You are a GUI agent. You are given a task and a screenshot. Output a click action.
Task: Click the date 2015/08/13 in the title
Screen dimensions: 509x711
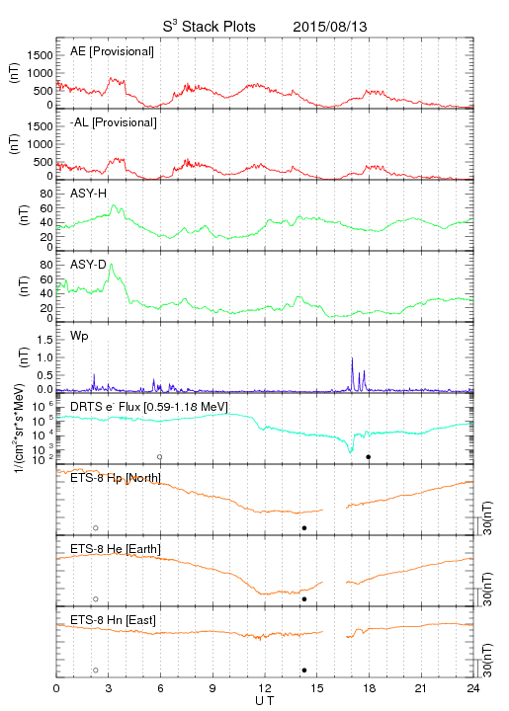click(x=330, y=27)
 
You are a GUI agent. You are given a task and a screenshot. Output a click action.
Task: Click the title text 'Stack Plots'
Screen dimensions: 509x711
click(x=218, y=27)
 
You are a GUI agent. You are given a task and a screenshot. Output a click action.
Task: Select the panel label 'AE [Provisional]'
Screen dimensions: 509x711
click(x=112, y=51)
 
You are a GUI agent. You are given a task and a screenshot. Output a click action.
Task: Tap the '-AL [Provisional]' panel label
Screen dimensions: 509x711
click(x=114, y=122)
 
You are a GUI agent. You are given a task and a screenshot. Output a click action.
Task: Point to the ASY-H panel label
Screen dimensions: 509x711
click(x=89, y=194)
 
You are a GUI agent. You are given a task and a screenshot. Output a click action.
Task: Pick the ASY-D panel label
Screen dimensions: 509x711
click(x=89, y=265)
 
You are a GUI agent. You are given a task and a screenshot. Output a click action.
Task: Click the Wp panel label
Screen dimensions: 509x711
click(x=79, y=337)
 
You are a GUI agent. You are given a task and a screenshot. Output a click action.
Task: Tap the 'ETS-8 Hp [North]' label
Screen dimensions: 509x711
click(x=116, y=478)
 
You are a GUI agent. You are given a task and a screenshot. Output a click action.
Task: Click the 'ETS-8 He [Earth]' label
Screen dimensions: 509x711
click(x=116, y=549)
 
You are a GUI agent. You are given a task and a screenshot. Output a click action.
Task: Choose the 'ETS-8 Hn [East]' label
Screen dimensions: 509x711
click(x=113, y=620)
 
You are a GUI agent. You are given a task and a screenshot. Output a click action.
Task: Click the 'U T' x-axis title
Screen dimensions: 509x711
click(x=265, y=701)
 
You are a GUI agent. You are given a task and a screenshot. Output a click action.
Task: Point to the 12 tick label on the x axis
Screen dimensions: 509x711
click(x=265, y=688)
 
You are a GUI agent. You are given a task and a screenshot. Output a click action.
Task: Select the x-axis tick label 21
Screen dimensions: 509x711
click(x=421, y=688)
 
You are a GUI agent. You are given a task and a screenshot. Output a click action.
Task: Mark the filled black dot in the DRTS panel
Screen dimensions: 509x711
click(x=369, y=457)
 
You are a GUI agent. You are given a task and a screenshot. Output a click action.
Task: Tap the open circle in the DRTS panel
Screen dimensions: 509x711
click(x=160, y=457)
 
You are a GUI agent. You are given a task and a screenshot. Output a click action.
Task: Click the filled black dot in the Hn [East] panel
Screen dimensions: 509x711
click(x=304, y=671)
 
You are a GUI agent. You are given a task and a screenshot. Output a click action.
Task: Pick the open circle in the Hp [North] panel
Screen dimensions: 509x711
click(x=96, y=528)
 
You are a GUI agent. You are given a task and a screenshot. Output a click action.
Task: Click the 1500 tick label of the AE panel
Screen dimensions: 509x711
click(x=40, y=55)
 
